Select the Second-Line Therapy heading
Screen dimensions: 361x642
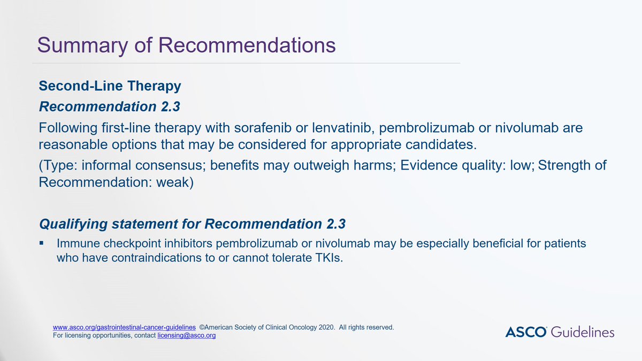pos(110,86)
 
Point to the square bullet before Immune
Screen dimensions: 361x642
pos(42,243)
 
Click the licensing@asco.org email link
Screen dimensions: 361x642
pos(187,335)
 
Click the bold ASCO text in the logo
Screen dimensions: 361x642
pos(526,332)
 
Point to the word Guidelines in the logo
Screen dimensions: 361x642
pos(583,332)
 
